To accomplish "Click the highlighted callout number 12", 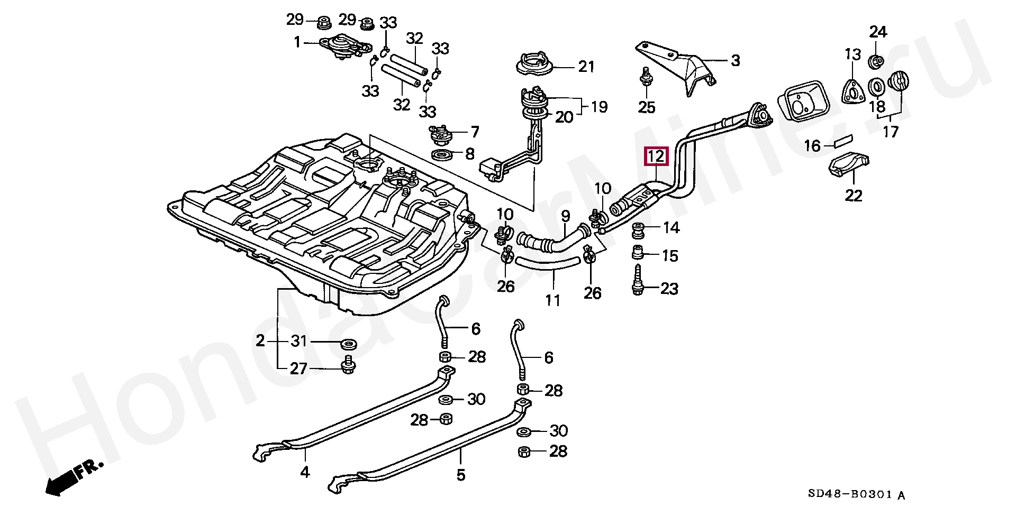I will coord(656,156).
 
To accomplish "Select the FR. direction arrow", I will coord(74,479).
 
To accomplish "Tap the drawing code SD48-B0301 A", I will coord(856,495).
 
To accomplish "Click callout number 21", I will coord(586,67).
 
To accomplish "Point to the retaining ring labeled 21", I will coord(534,64).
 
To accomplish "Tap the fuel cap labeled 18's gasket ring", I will coord(876,86).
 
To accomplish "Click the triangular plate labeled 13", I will coord(851,91).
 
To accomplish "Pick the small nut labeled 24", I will coord(876,61).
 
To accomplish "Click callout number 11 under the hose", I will coord(552,301).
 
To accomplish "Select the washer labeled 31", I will coord(348,345).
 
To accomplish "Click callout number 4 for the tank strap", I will coord(305,472).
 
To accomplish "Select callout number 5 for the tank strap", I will coord(460,475).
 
